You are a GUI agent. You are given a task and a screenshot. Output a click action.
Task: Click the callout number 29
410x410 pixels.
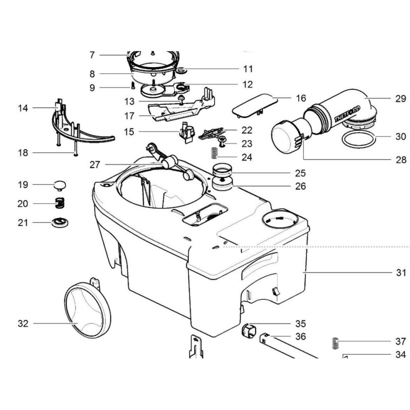401,97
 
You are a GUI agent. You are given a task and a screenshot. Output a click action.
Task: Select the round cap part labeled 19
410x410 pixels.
61,184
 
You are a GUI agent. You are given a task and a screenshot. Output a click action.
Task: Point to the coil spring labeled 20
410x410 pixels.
60,203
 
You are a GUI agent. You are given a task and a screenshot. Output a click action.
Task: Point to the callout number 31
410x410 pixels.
401,273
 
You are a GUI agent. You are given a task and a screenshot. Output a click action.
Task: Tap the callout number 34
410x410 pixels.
401,355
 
